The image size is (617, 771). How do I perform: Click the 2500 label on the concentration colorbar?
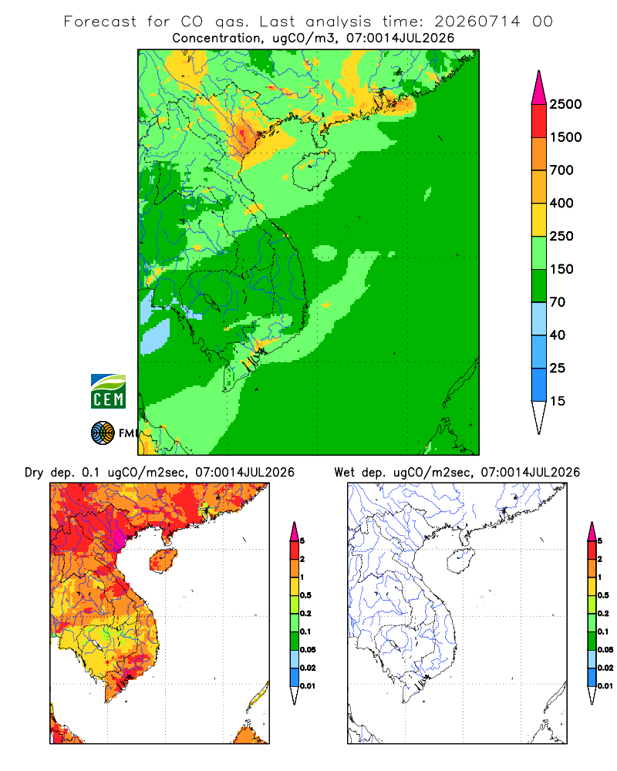(x=565, y=104)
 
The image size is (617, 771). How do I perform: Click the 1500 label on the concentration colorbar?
(x=565, y=137)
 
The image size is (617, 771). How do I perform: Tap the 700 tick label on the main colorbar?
(x=561, y=170)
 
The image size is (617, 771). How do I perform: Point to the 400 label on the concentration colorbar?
(x=561, y=203)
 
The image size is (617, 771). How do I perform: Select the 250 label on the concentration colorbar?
(x=561, y=236)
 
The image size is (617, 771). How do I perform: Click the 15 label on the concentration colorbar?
(x=558, y=401)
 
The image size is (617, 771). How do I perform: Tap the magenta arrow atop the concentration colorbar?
(x=539, y=87)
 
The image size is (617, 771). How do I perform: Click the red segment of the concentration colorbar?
(x=539, y=121)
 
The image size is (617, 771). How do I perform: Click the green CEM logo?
(x=108, y=392)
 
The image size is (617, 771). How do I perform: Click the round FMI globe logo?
(x=103, y=433)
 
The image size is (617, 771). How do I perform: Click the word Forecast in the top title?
(x=100, y=22)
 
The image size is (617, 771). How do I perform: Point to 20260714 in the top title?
(x=477, y=22)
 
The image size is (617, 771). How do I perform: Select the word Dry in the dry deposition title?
(x=34, y=473)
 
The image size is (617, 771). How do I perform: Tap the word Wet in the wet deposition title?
(x=345, y=473)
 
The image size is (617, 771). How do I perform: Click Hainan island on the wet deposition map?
(x=461, y=561)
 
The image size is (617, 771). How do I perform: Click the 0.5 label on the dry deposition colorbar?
(x=305, y=595)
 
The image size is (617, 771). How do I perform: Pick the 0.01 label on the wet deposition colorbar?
(x=605, y=686)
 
